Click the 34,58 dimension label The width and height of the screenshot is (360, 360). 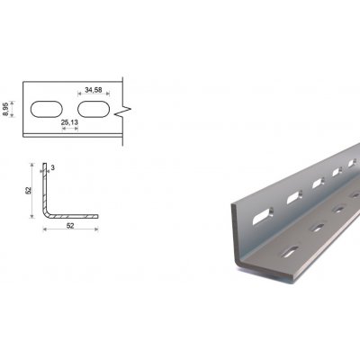(x=94, y=90)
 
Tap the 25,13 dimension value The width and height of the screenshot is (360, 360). (x=69, y=122)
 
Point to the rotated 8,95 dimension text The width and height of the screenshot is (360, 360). (x=5, y=109)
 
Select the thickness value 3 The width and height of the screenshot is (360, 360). (x=53, y=168)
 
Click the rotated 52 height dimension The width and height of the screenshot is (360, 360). (x=28, y=190)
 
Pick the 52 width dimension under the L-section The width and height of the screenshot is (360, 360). (x=70, y=226)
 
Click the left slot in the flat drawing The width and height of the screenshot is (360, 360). (x=47, y=109)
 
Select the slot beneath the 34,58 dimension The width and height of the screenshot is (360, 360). (x=94, y=109)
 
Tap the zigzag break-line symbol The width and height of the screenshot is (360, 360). (x=123, y=112)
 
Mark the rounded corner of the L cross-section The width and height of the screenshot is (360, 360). (x=46, y=213)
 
